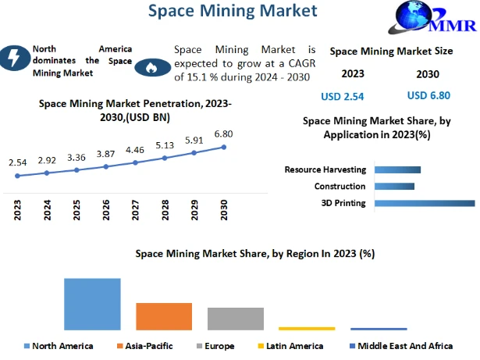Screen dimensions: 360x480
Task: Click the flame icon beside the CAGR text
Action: (x=150, y=68)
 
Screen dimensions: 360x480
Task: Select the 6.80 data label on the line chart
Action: (x=224, y=134)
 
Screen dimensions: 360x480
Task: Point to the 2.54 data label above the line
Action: (x=17, y=162)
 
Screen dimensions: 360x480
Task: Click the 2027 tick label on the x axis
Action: (x=135, y=210)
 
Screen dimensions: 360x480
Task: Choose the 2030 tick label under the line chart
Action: (x=224, y=210)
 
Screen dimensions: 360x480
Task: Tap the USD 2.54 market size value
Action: (x=343, y=97)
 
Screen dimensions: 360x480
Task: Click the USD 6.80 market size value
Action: (x=428, y=96)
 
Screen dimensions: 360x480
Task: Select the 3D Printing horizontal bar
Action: (x=425, y=203)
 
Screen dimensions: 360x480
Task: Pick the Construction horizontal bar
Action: (x=394, y=186)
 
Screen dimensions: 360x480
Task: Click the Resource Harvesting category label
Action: (x=325, y=169)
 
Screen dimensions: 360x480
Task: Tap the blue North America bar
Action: (x=92, y=303)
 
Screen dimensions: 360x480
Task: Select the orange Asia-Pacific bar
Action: (x=164, y=315)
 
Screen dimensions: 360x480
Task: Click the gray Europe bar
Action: (x=236, y=318)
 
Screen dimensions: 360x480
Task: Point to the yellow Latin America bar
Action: (x=307, y=328)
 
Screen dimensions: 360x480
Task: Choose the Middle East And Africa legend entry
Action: (x=412, y=346)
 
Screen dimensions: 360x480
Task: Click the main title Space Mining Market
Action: (x=233, y=11)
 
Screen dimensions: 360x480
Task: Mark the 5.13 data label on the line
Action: (x=165, y=144)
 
